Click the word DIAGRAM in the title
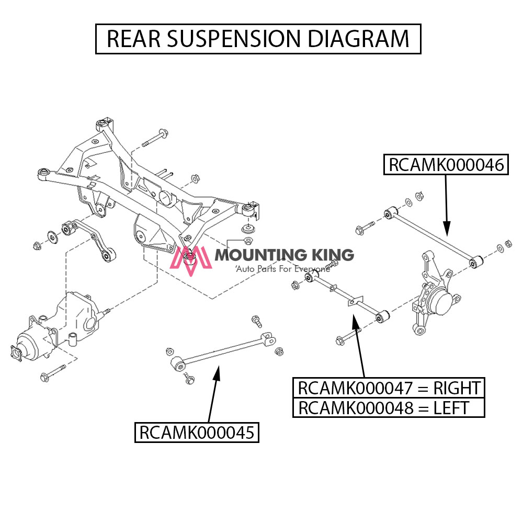click(x=358, y=39)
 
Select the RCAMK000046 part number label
click(x=446, y=165)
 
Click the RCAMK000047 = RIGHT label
click(x=389, y=388)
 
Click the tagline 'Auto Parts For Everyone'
click(x=282, y=269)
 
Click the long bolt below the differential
click(x=52, y=373)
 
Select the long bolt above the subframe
click(x=154, y=138)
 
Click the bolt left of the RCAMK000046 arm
click(x=365, y=228)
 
